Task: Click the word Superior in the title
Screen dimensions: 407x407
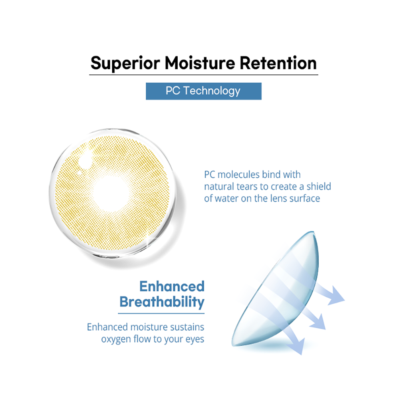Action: coord(125,63)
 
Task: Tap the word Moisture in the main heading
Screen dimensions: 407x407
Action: coord(200,63)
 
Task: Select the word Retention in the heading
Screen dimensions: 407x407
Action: coord(278,63)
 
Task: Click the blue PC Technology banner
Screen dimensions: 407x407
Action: coord(203,91)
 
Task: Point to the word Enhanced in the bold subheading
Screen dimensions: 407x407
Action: coord(172,286)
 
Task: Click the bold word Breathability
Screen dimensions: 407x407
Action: coord(162,302)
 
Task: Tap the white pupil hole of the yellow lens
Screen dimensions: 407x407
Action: coord(111,194)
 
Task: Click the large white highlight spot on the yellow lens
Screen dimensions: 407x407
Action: coord(85,161)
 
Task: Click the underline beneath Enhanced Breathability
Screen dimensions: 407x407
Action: coord(161,313)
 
